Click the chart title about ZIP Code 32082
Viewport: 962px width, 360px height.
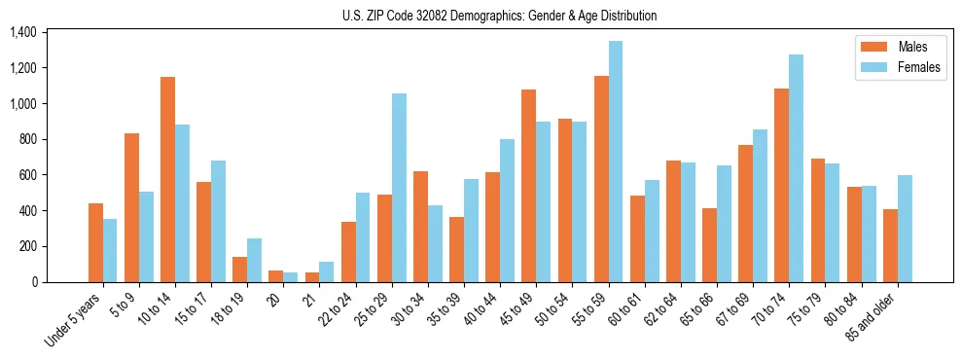[x=499, y=16]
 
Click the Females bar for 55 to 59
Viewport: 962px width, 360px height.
[x=616, y=162]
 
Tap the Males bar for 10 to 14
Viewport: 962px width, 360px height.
[x=167, y=179]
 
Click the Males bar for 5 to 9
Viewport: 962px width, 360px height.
[x=131, y=207]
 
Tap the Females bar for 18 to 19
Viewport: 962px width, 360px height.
[x=254, y=260]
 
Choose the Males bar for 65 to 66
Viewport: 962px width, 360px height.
[x=709, y=245]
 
